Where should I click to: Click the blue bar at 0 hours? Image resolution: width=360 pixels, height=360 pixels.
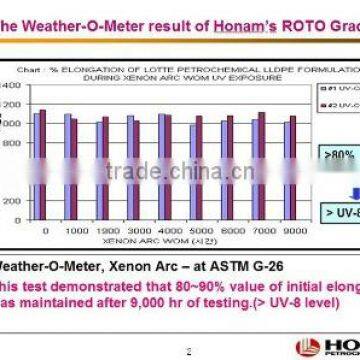[38, 153]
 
